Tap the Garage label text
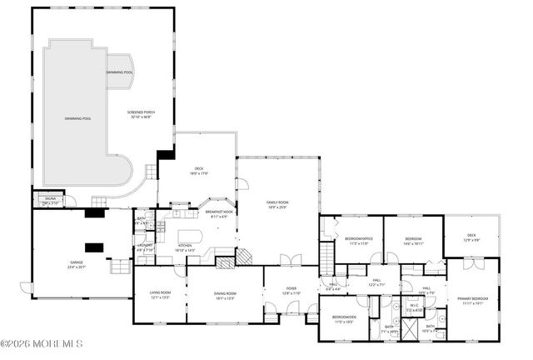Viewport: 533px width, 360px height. coord(76,265)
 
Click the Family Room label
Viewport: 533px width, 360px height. coord(277,205)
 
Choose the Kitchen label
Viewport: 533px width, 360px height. coord(185,247)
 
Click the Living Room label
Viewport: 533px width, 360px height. coord(160,294)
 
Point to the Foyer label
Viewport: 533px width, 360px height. coord(291,292)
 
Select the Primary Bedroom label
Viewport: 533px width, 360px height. coord(472,300)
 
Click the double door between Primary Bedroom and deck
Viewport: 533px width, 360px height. coord(471,264)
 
